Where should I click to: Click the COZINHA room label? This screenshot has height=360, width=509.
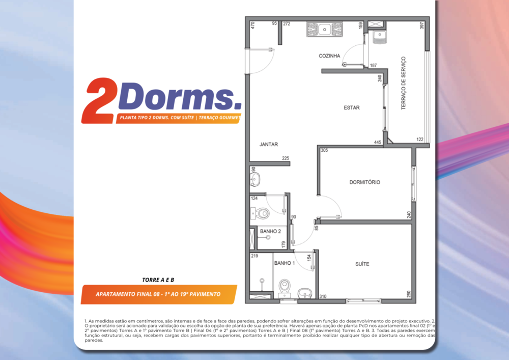(x=329, y=56)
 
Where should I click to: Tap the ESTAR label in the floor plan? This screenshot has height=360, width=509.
(x=351, y=107)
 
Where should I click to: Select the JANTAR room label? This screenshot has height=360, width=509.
(x=268, y=145)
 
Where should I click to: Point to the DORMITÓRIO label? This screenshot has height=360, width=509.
(x=364, y=182)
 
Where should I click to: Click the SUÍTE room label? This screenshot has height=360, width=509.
(x=362, y=264)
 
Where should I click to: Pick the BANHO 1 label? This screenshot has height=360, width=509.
(x=284, y=263)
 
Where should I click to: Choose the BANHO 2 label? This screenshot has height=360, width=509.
(x=270, y=232)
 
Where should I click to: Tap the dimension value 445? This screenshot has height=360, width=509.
(x=378, y=142)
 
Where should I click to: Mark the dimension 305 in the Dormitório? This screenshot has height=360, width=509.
(x=324, y=150)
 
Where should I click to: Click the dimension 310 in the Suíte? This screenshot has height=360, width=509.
(x=322, y=296)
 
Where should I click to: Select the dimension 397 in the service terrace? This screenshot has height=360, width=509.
(x=421, y=25)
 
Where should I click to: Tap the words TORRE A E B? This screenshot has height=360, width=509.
(x=158, y=280)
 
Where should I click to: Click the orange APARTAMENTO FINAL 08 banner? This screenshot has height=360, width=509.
(x=158, y=294)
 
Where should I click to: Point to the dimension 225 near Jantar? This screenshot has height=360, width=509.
(x=286, y=158)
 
